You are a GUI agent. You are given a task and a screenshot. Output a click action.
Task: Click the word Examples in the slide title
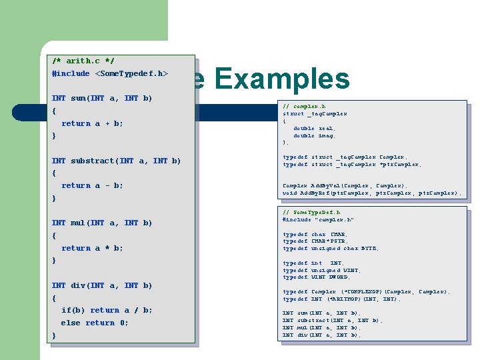point(283,79)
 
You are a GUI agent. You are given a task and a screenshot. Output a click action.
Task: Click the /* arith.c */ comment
point(83,61)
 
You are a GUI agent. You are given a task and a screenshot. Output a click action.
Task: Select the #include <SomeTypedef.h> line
point(110,73)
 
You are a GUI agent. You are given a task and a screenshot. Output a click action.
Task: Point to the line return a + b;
point(92,123)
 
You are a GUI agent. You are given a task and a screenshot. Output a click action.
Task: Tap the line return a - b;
point(92,185)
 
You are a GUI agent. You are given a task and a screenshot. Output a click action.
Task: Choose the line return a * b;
point(92,248)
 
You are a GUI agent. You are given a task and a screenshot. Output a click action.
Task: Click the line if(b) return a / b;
point(107,310)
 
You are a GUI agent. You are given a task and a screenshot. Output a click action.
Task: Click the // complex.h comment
point(304,107)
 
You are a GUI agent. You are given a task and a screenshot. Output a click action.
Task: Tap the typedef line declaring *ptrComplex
point(352,164)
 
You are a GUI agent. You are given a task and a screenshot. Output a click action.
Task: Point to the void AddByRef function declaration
point(371,193)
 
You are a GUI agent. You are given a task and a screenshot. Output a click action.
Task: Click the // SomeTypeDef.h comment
point(312,212)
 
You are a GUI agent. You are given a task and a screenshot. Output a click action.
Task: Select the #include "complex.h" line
point(318,219)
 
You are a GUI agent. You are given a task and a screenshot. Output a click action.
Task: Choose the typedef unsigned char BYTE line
point(331,249)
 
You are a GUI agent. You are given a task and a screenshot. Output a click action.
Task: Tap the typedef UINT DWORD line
point(317,277)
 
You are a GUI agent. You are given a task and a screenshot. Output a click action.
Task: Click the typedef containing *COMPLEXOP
point(366,292)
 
